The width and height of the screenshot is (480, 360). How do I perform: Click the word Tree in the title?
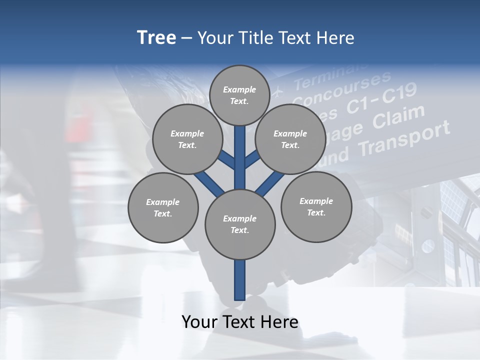[156, 38]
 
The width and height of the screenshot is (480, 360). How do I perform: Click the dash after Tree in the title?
[186, 38]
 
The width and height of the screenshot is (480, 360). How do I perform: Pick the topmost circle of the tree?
[239, 95]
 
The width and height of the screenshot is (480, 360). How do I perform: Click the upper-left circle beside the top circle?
[187, 139]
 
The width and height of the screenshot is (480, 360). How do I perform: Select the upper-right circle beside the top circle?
[290, 139]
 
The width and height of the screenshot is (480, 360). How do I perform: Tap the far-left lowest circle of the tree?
[162, 207]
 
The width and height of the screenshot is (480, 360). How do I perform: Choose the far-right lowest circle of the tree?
[316, 206]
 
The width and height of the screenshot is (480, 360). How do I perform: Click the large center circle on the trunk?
[239, 224]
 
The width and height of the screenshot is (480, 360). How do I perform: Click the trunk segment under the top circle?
[240, 150]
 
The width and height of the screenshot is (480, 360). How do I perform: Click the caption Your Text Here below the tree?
[239, 322]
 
